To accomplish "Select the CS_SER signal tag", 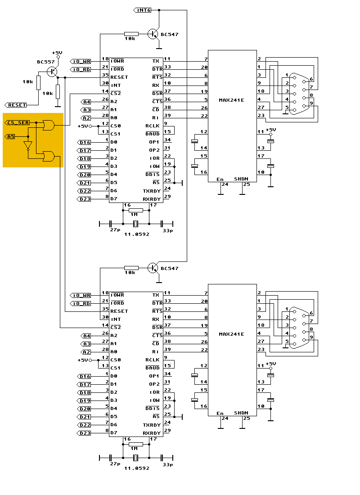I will pyautogui.click(x=17, y=122).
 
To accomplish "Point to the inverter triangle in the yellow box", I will pyautogui.click(x=28, y=146).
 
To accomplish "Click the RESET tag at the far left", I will pyautogui.click(x=16, y=105).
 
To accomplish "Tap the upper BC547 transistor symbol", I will pyautogui.click(x=153, y=34).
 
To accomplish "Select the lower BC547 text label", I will pyautogui.click(x=170, y=269).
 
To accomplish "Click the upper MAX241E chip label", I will pyautogui.click(x=231, y=100).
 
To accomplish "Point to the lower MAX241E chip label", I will pyautogui.click(x=231, y=334).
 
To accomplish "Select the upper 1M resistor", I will pyautogui.click(x=135, y=210).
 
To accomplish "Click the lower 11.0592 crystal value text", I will pyautogui.click(x=137, y=468).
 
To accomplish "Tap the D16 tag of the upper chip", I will pyautogui.click(x=85, y=142).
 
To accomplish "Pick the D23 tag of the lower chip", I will pyautogui.click(x=85, y=433).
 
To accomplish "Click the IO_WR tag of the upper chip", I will pyautogui.click(x=81, y=61).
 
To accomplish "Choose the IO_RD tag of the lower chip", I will pyautogui.click(x=81, y=303).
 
